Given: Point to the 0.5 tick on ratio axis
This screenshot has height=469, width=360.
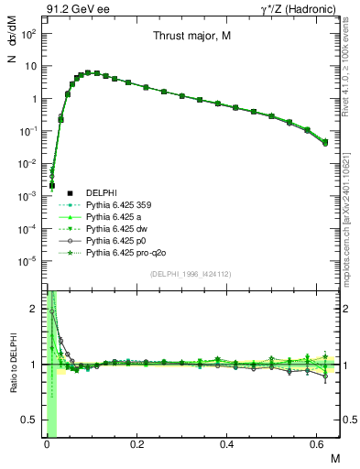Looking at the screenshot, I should [x=29, y=420].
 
